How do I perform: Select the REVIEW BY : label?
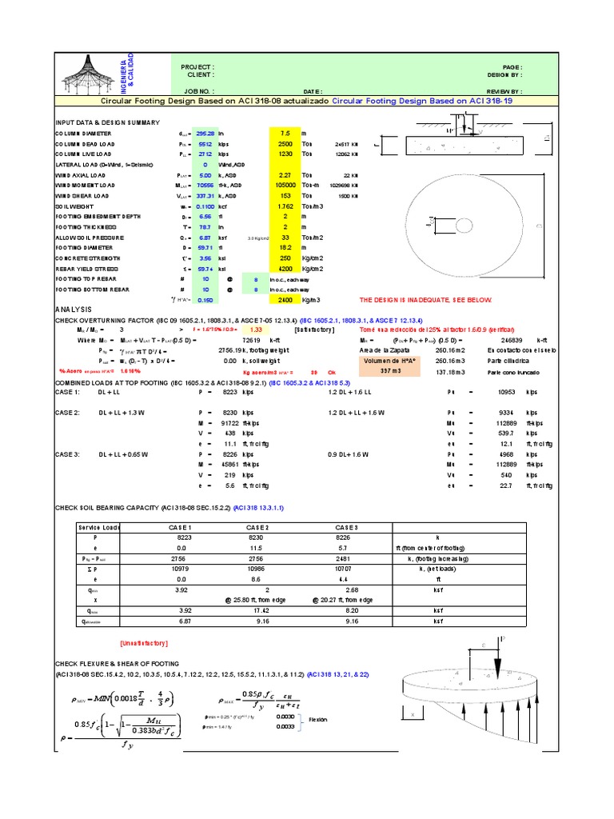pos(504,92)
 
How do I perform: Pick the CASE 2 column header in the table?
pos(257,528)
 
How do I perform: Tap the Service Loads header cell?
pos(98,528)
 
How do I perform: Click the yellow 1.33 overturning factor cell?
pos(256,329)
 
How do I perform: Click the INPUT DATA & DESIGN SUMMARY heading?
pos(107,122)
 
